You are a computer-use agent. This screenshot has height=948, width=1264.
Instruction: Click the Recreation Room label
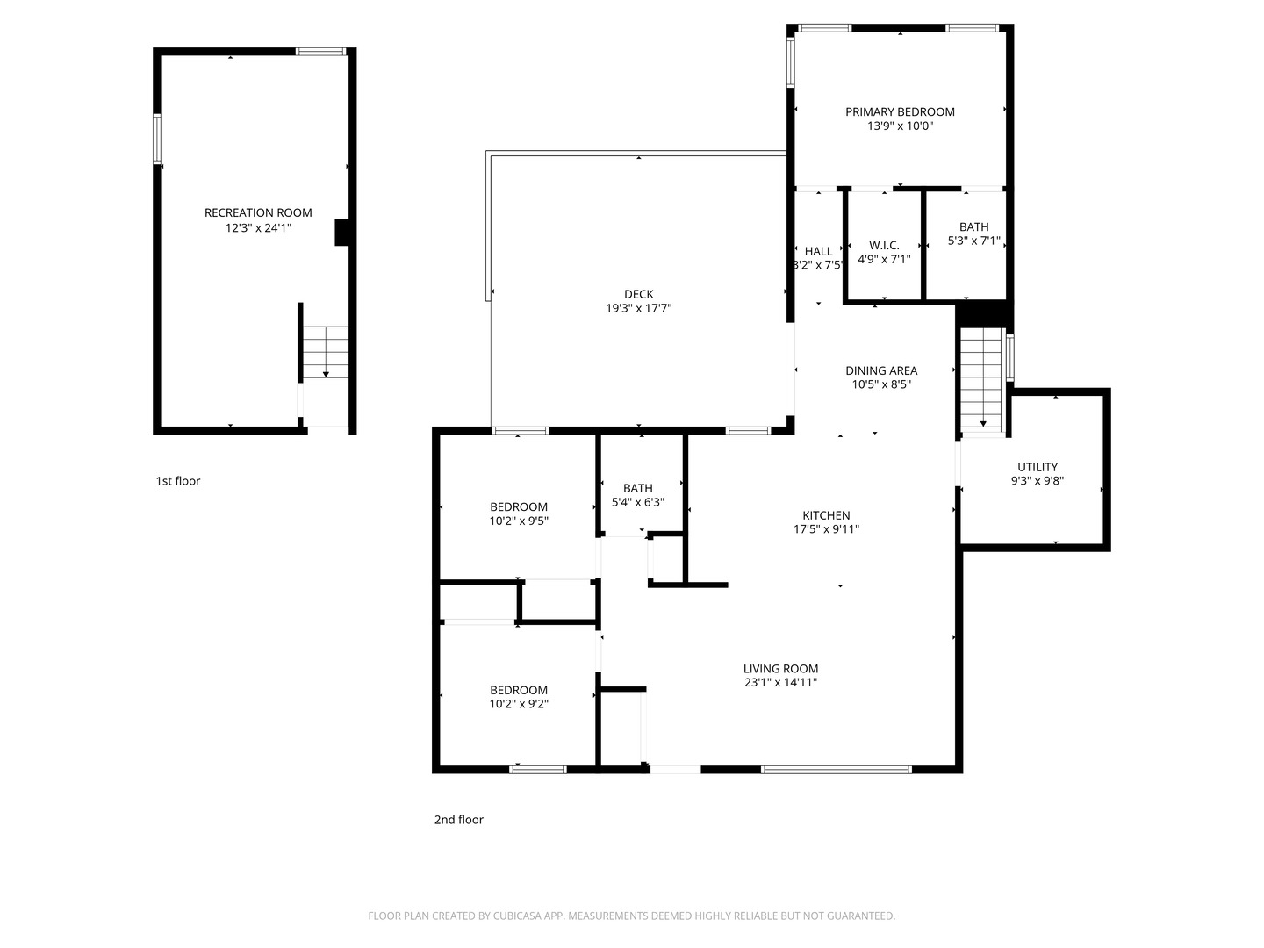click(x=258, y=212)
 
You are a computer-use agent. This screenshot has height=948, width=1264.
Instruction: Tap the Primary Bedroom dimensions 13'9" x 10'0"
click(x=900, y=126)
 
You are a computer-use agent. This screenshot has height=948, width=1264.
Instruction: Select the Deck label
click(x=638, y=294)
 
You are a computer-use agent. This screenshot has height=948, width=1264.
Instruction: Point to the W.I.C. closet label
click(x=884, y=245)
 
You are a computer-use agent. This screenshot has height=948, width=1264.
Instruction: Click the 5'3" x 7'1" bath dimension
click(x=973, y=241)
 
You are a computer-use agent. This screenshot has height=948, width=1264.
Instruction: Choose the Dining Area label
click(x=881, y=370)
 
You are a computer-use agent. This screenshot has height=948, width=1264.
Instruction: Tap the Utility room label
click(x=1037, y=467)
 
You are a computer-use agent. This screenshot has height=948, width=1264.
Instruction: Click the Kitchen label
click(x=826, y=515)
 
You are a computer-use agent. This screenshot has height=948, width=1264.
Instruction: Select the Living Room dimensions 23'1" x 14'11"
click(x=780, y=682)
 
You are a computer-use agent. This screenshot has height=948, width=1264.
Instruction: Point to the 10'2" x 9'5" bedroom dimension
click(x=519, y=521)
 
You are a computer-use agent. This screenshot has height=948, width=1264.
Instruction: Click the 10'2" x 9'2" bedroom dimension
click(x=519, y=704)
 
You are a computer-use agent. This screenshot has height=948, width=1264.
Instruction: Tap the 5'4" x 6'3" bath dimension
click(x=637, y=503)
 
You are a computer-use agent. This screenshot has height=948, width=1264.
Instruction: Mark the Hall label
click(x=818, y=251)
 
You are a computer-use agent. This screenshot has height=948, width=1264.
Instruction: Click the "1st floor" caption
click(x=178, y=481)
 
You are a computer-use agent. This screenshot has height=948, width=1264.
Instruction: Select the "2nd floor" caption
click(x=458, y=820)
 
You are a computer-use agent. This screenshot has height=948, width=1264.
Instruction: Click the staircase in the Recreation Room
click(x=326, y=351)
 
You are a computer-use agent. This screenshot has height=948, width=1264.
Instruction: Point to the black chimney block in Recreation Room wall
click(x=341, y=233)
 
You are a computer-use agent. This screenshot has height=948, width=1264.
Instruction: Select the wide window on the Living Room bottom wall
click(x=836, y=770)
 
